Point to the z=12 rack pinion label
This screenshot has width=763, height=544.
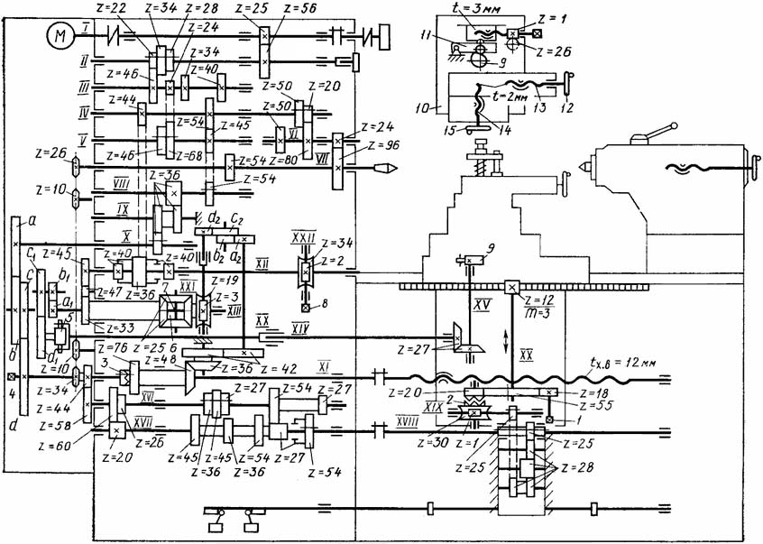(x=540, y=300)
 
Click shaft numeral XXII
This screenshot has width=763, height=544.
(x=301, y=236)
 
